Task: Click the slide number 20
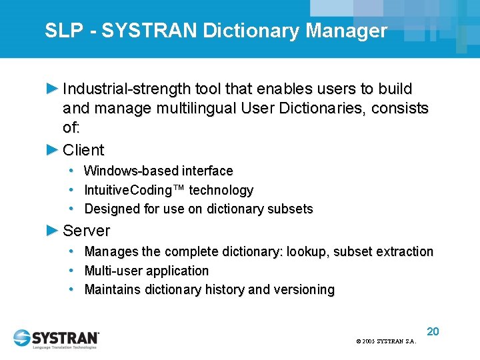[x=433, y=331]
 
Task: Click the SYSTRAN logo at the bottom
[x=56, y=338]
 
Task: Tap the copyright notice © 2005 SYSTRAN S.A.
[x=386, y=341]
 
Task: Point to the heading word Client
[x=83, y=150]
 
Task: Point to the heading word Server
[x=86, y=231]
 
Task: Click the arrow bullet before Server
[x=53, y=231]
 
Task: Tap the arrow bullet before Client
[x=53, y=149]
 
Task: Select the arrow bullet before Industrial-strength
[x=53, y=88]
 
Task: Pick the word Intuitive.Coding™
[x=135, y=190]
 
